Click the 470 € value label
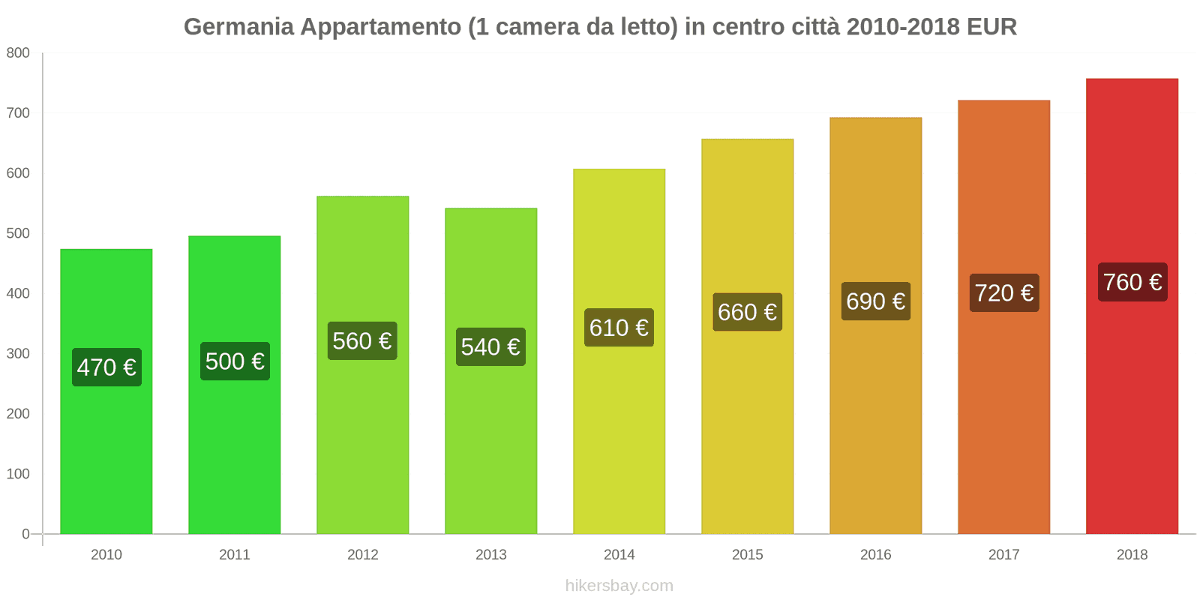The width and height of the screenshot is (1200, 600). [x=106, y=367]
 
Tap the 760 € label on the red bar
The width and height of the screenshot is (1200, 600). [x=1132, y=282]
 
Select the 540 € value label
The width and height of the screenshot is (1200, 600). [x=490, y=346]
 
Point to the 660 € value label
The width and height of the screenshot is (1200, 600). [x=747, y=312]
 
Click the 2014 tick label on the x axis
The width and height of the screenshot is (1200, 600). [x=619, y=554]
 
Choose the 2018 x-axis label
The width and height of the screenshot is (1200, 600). [x=1132, y=554]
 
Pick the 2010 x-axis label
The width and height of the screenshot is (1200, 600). [x=106, y=554]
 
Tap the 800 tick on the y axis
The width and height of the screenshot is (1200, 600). [x=18, y=52]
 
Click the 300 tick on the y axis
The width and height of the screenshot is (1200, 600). [x=18, y=353]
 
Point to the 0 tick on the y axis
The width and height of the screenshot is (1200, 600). [x=25, y=534]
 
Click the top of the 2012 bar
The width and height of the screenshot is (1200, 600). [x=362, y=198]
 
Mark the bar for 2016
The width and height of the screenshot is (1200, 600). [x=875, y=420]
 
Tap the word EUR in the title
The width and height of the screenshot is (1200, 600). [x=991, y=27]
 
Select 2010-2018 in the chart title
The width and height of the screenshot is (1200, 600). [x=903, y=27]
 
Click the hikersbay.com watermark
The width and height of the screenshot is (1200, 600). [x=619, y=586]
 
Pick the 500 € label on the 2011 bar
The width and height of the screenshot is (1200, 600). [x=235, y=361]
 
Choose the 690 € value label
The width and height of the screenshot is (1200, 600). [x=875, y=301]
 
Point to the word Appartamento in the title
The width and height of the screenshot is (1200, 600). [x=380, y=27]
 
